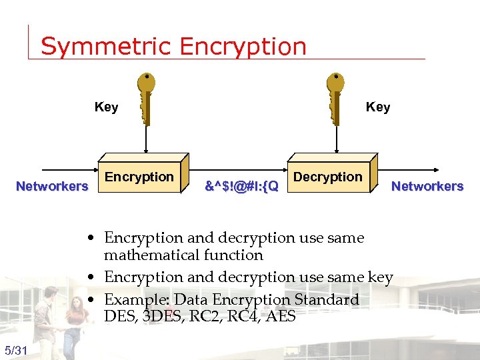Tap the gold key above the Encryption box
(147, 97)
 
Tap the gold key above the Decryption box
(336, 97)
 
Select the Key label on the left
(106, 107)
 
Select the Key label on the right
(378, 107)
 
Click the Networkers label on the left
(52, 186)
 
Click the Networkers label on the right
(427, 186)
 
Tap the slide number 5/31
(15, 351)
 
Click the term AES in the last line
(280, 317)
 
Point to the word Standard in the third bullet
(327, 299)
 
